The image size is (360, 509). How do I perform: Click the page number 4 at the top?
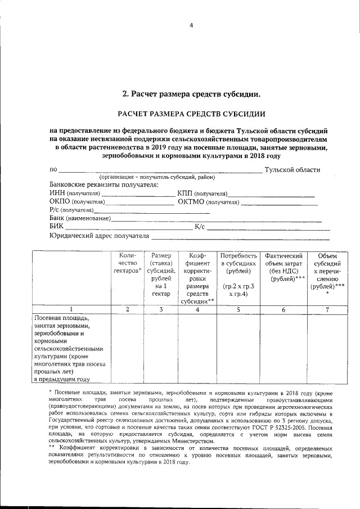[191, 26]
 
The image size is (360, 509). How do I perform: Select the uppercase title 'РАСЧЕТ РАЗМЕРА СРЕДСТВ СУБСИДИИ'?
[191, 114]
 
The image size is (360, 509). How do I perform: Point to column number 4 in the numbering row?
[197, 309]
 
